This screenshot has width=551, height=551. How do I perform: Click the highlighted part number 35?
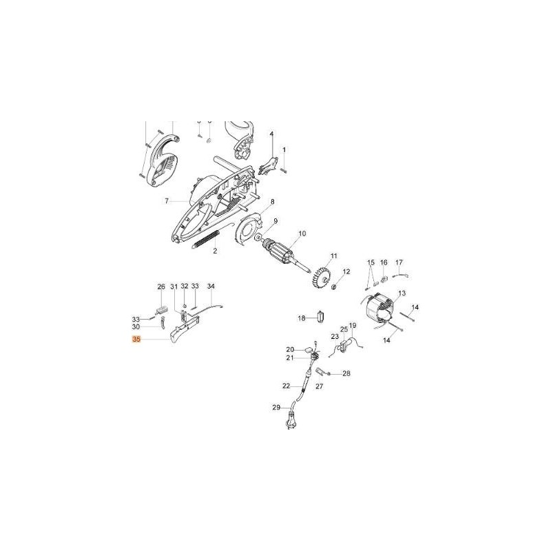(136, 340)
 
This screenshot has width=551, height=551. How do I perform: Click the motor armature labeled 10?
(285, 253)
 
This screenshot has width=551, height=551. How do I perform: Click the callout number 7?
(167, 201)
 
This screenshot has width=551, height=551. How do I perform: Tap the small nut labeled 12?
(335, 287)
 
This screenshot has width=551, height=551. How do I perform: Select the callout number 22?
(287, 386)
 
